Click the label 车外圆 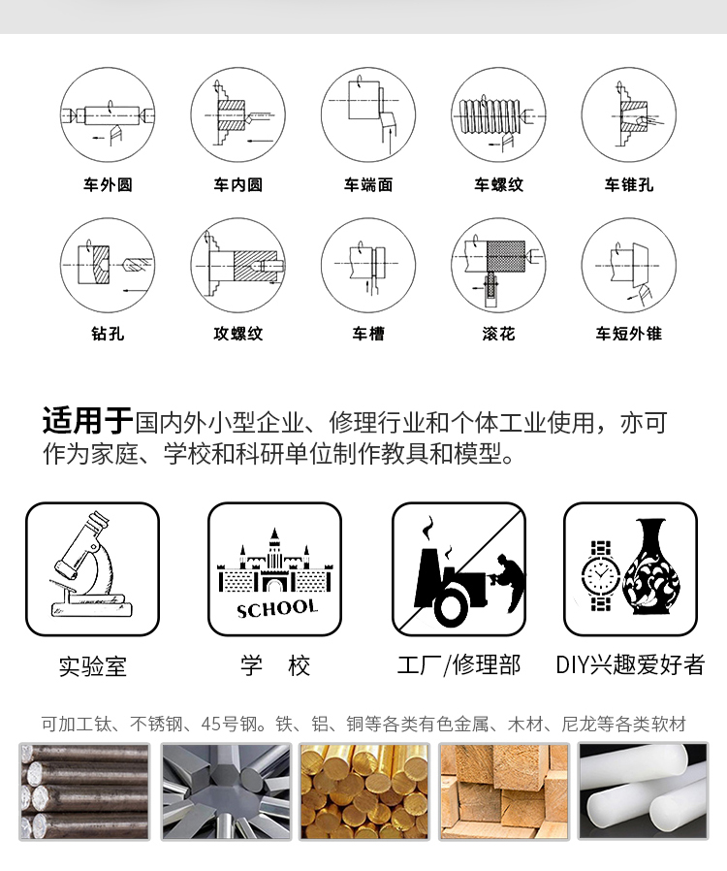point(108,185)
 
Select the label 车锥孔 point(629,185)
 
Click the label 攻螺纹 point(238,334)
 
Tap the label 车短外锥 point(629,334)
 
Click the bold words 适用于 point(87,421)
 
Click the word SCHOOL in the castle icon point(277,609)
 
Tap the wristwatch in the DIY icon point(600,575)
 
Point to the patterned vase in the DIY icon point(651,566)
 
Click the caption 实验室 point(93,666)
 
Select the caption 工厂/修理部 point(458,665)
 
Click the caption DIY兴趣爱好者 point(630,665)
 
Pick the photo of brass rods point(364,791)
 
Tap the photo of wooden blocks point(504,791)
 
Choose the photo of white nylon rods point(644,791)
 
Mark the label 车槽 point(368,334)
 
